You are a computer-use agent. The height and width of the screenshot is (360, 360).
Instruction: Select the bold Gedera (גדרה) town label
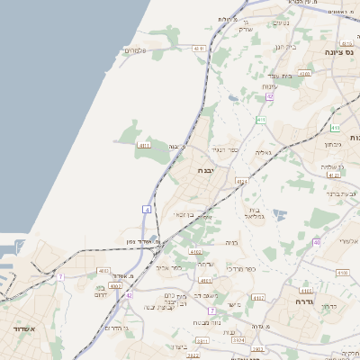(x=301, y=302)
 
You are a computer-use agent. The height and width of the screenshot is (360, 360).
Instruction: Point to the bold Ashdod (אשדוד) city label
(x=22, y=329)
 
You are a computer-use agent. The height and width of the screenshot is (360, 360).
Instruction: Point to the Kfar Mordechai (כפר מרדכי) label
(x=242, y=268)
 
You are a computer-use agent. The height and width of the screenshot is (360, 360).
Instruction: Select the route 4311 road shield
(x=199, y=49)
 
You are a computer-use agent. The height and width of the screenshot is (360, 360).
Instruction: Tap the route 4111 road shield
(x=143, y=144)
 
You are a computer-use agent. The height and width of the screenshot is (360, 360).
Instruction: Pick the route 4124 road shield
(x=241, y=182)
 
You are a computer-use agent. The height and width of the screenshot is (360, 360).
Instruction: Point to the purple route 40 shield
(x=317, y=242)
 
